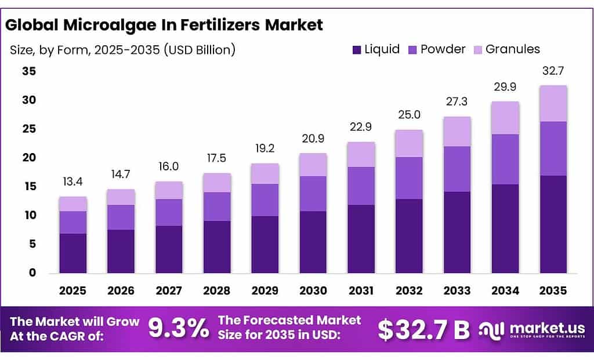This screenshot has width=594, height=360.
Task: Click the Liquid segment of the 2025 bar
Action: [x=73, y=253]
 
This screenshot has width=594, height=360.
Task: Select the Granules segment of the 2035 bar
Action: [x=553, y=103]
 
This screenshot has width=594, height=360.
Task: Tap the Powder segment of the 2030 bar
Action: [x=313, y=194]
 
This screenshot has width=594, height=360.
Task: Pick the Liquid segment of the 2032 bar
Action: [x=410, y=236]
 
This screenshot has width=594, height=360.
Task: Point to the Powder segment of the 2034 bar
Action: [x=505, y=159]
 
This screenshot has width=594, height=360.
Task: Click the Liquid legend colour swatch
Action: [x=356, y=49]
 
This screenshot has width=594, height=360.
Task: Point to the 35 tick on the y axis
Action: [x=28, y=71]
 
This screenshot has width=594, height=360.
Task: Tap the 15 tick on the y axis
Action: [x=28, y=187]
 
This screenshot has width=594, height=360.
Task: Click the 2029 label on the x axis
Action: [x=265, y=290]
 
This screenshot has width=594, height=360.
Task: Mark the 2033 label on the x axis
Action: [x=457, y=290]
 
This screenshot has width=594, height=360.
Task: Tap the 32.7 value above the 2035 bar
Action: [x=553, y=71]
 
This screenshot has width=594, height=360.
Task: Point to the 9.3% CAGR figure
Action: [x=179, y=329]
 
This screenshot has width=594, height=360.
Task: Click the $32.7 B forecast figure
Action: [x=423, y=329]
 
